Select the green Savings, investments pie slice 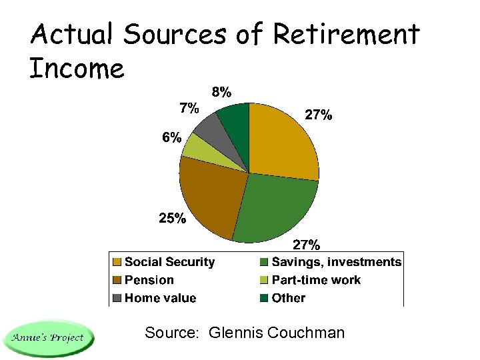tap(273, 207)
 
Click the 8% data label tap(222, 91)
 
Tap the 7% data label tap(189, 107)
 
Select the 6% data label tap(171, 137)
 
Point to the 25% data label tap(172, 218)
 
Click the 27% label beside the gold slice tap(319, 115)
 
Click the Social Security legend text tap(169, 262)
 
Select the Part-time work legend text tap(316, 280)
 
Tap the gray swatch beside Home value tap(117, 298)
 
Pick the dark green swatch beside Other tap(264, 298)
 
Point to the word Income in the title tap(77, 68)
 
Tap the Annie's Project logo tap(49, 338)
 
